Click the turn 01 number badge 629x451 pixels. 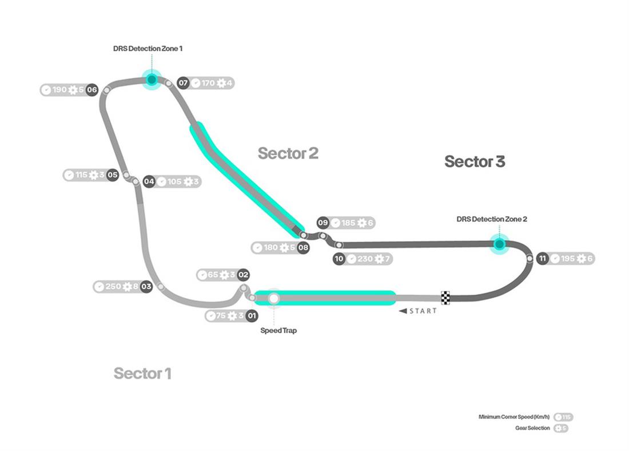[x=252, y=316]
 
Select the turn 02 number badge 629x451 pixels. [x=244, y=275]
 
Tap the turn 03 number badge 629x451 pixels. [x=146, y=286]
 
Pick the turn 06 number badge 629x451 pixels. [x=91, y=90]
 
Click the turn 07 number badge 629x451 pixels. [x=183, y=83]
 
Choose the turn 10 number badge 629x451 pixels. [x=339, y=259]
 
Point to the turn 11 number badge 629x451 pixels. [x=542, y=259]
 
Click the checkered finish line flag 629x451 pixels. [x=445, y=298]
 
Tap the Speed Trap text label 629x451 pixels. [x=278, y=331]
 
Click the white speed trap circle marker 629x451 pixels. [x=274, y=298]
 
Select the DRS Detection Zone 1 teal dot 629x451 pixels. [x=152, y=79]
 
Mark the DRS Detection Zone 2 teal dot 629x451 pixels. [x=499, y=244]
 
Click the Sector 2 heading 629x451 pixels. [x=288, y=153]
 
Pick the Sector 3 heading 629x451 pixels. [x=475, y=162]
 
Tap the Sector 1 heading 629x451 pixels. [x=142, y=373]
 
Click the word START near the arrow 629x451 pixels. [x=423, y=311]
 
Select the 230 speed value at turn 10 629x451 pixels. [x=364, y=259]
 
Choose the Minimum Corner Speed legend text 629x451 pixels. [x=514, y=417]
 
